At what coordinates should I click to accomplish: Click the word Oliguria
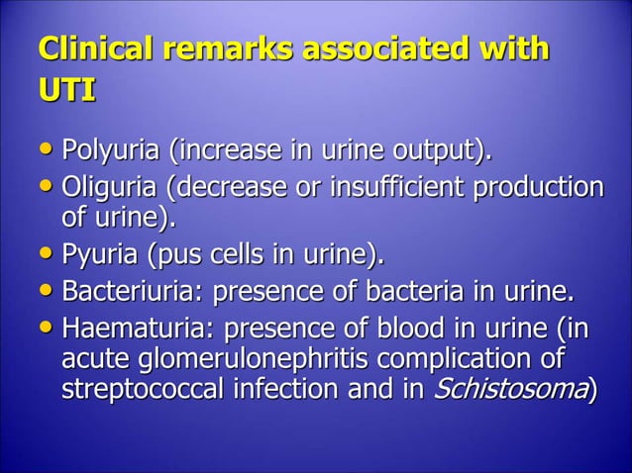(x=112, y=188)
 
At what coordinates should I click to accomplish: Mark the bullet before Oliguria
(x=47, y=188)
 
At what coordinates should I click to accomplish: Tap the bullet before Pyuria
(x=47, y=257)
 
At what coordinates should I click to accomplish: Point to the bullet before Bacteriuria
(x=47, y=293)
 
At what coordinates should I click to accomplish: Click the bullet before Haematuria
(x=47, y=327)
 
